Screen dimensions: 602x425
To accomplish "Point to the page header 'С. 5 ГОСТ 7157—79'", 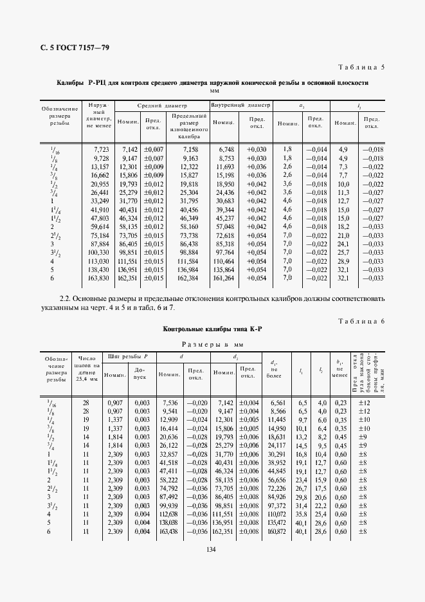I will [60, 47].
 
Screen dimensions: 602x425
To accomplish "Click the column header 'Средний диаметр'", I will [161, 105].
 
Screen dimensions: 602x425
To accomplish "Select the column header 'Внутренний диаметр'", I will [241, 105].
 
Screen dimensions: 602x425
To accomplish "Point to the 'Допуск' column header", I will [140, 373].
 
